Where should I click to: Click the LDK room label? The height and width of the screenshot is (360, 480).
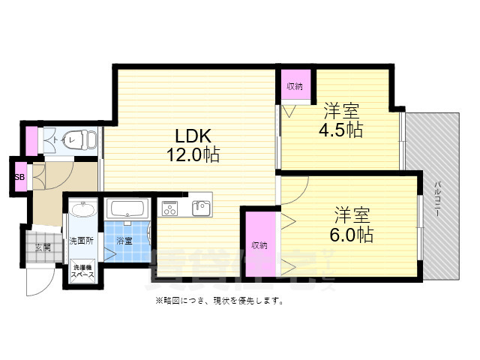coord(193,136)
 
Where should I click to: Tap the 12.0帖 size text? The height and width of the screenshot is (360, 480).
coord(193,155)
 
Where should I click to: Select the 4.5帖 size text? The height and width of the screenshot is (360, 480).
coord(343,130)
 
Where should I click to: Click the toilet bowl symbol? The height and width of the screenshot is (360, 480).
coord(83,139)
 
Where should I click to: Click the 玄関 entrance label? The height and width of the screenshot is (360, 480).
coord(41,247)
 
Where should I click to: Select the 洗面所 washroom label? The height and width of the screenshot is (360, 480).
coord(80,241)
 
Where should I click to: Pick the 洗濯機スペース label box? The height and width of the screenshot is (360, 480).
coord(82,271)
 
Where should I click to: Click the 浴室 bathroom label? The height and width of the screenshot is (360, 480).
coord(124,241)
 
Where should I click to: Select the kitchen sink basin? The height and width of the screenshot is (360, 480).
coord(199,207)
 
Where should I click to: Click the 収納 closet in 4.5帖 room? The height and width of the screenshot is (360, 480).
coord(294,86)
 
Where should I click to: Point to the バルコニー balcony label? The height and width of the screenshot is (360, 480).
coord(436,199)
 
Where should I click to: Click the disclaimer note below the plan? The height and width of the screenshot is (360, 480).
coord(219,301)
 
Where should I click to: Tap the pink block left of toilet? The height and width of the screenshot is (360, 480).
coord(31,140)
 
